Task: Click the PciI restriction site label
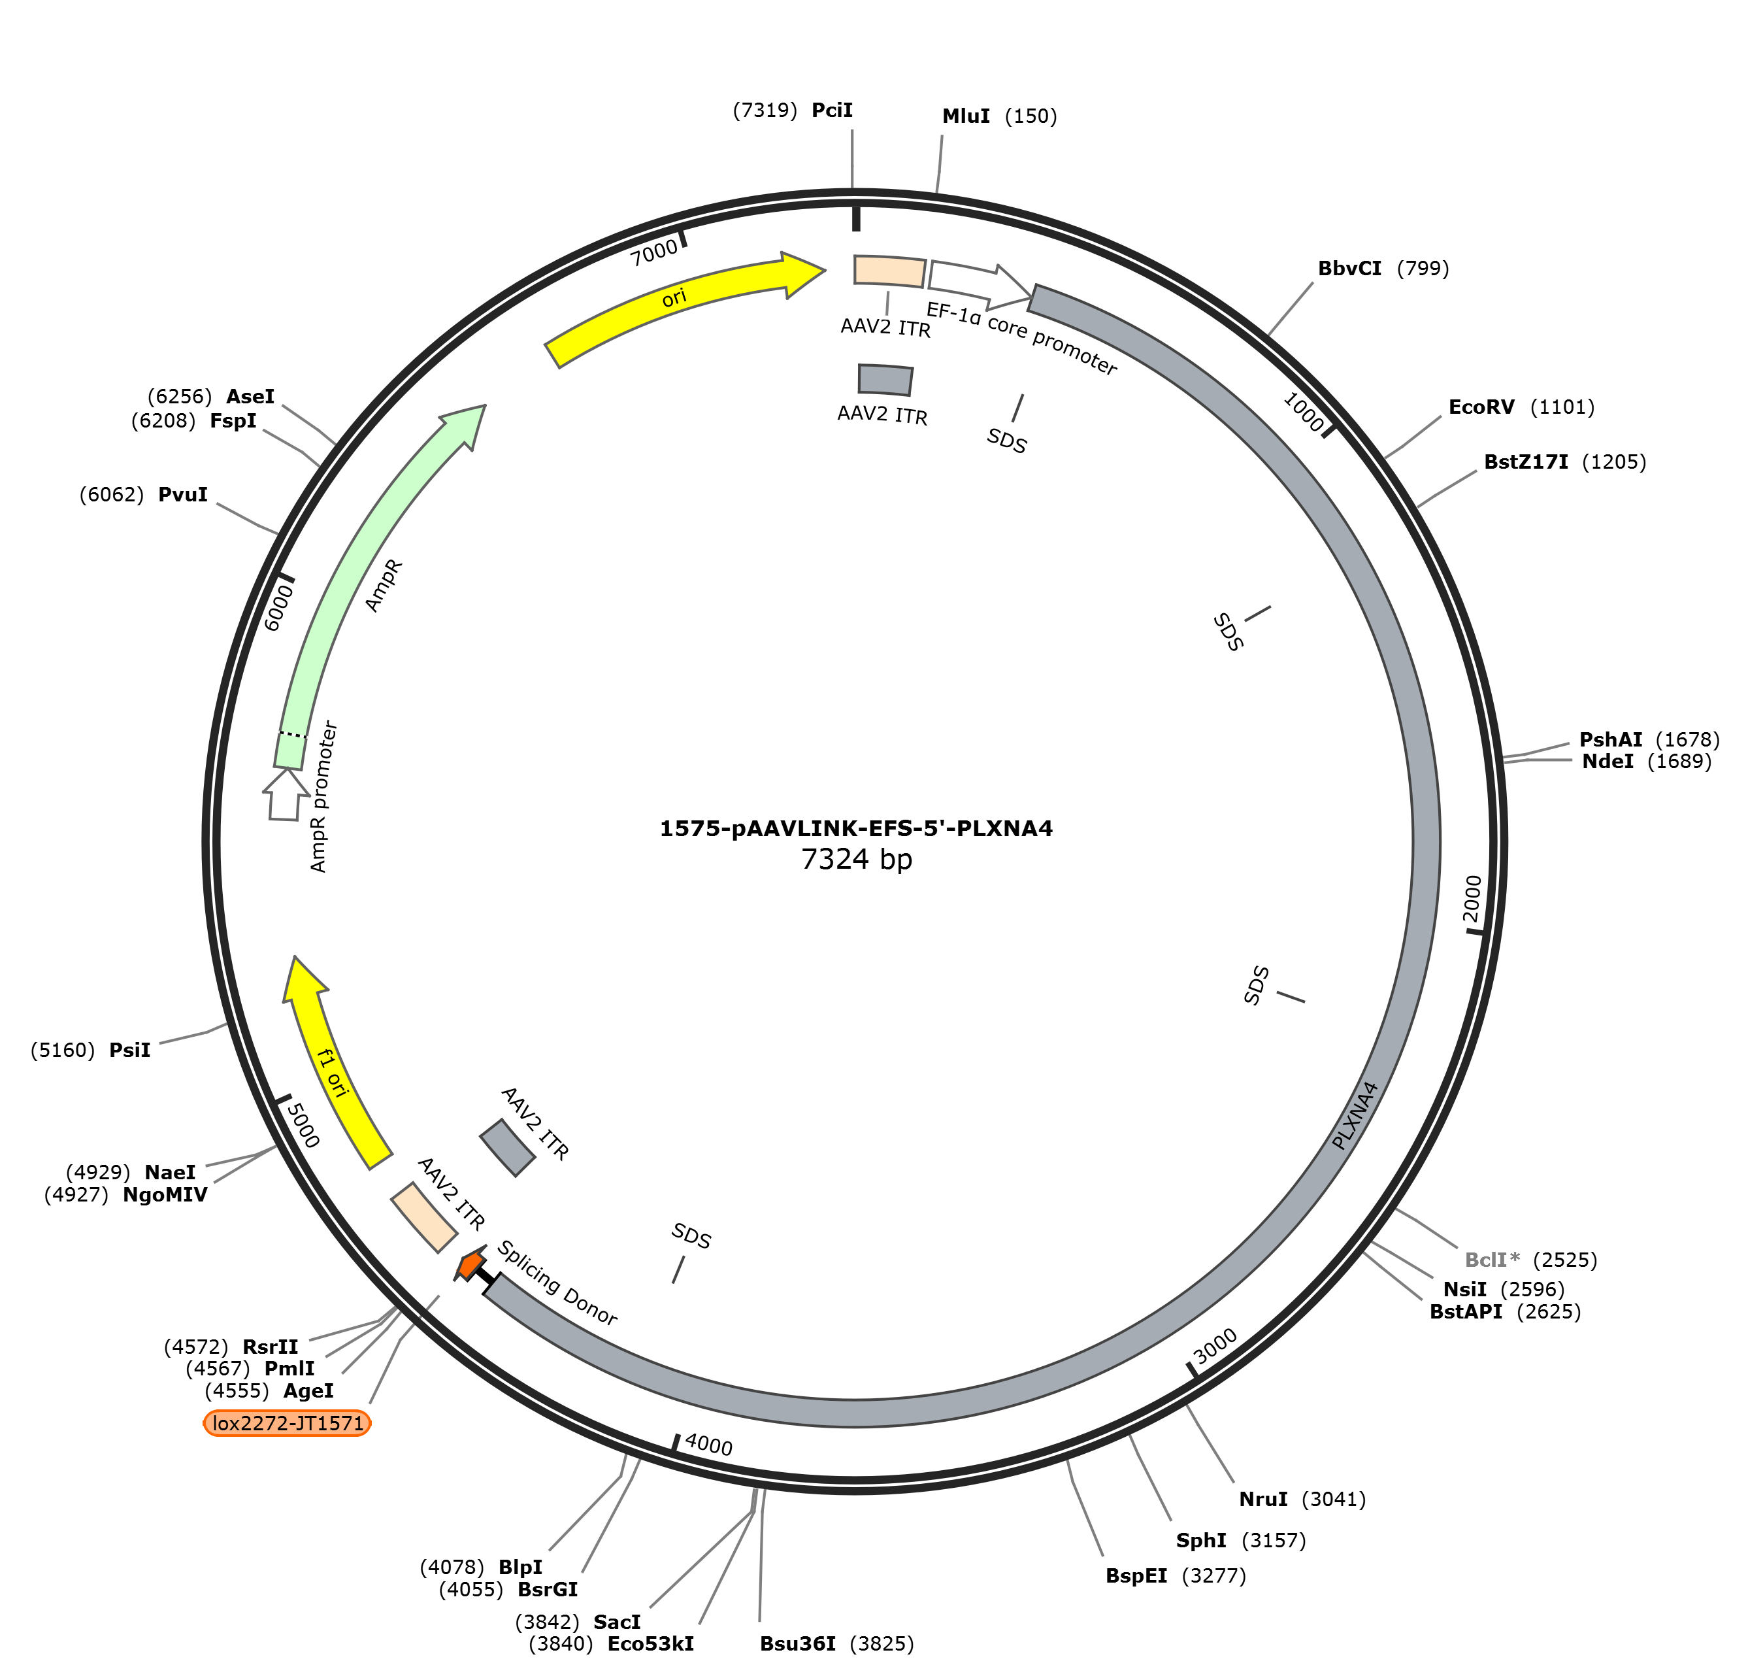pos(831,110)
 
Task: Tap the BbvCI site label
pos(1349,269)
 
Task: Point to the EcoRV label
pos(1481,408)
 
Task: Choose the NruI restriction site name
pos(1263,1499)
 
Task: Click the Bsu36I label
pos(797,1643)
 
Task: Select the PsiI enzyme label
pos(130,1050)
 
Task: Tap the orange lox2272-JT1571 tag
pos(287,1422)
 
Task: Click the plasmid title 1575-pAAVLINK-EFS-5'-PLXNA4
pos(856,828)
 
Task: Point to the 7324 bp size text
pos(856,859)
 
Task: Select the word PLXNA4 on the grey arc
pos(1355,1115)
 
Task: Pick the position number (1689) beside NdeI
pos(1679,761)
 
